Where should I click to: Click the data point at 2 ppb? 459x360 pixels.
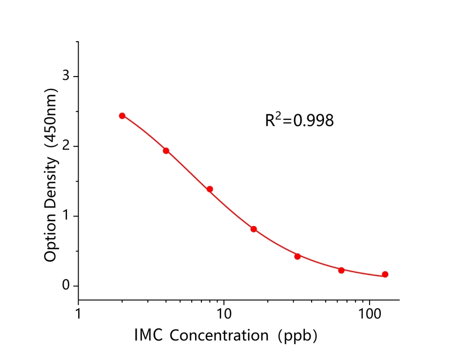tap(122, 116)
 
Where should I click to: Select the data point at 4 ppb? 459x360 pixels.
tap(166, 151)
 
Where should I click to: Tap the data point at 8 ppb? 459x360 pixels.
tap(210, 189)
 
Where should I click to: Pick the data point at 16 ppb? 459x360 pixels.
tap(254, 229)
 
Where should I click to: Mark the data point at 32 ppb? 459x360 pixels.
tap(298, 256)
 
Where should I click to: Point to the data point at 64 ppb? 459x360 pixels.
tap(341, 270)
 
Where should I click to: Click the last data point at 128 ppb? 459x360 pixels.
tap(385, 274)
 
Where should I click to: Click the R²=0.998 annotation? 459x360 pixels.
tap(299, 120)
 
